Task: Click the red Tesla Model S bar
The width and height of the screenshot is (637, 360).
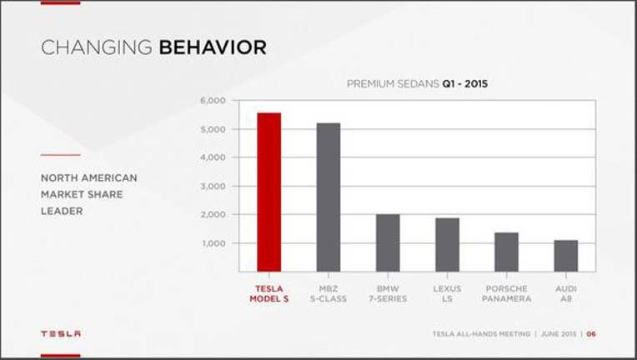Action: click(x=269, y=192)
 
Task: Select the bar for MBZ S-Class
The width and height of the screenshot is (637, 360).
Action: click(x=329, y=197)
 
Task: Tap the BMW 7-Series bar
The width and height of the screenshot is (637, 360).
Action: click(x=388, y=242)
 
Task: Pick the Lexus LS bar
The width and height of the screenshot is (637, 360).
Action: click(x=447, y=245)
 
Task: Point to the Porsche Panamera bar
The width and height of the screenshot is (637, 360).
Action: click(x=507, y=252)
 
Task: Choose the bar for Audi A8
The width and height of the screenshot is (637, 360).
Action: click(x=566, y=256)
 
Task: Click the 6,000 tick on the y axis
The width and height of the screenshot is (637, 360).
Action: click(x=213, y=100)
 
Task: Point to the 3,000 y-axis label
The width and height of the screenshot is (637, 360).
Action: click(x=213, y=186)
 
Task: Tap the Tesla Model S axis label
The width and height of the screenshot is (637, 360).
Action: click(x=269, y=294)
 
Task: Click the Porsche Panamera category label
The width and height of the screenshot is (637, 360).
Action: click(x=507, y=294)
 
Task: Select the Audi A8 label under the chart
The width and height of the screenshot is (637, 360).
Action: click(x=566, y=294)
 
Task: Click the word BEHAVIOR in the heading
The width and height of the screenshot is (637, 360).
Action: click(x=213, y=47)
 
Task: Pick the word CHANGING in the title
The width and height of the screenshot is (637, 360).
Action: click(x=97, y=47)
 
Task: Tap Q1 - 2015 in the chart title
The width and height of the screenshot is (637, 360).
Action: click(x=465, y=84)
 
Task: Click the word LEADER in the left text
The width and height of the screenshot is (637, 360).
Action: click(x=62, y=211)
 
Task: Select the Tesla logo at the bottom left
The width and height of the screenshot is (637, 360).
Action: click(x=61, y=333)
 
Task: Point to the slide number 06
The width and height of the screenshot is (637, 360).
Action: click(x=591, y=334)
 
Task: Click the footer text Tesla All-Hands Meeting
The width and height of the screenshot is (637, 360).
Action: click(x=481, y=334)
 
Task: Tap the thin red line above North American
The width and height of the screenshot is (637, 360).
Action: click(x=61, y=155)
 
